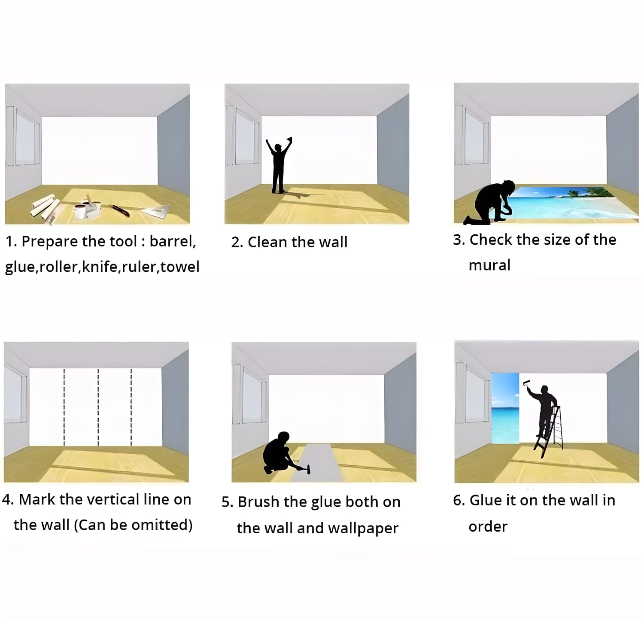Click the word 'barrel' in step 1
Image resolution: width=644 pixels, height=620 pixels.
(173, 241)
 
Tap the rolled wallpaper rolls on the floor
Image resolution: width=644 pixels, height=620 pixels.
(45, 208)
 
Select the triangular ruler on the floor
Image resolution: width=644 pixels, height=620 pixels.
(155, 210)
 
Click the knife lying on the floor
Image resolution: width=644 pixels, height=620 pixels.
(121, 210)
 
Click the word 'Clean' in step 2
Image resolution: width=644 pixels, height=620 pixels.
(268, 242)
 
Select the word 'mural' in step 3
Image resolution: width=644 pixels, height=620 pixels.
(489, 265)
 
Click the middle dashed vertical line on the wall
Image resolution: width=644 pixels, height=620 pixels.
(98, 407)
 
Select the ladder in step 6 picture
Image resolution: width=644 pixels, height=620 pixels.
(550, 432)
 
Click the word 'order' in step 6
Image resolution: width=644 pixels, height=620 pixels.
(488, 527)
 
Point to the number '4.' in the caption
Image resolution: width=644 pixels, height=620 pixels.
(8, 500)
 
